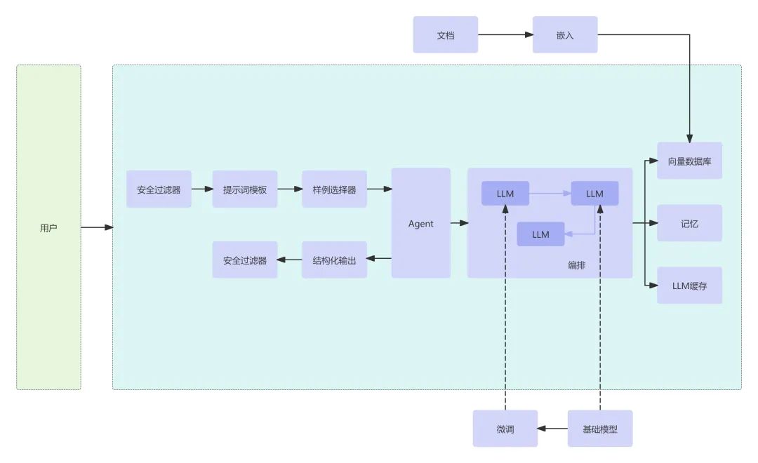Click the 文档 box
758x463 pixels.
[x=445, y=35]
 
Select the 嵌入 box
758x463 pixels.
[x=564, y=35]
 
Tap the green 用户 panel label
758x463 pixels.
[x=48, y=228]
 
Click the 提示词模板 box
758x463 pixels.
[x=245, y=189]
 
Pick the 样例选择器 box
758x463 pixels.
[x=334, y=189]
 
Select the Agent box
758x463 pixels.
[x=420, y=223]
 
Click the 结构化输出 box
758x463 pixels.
[x=334, y=260]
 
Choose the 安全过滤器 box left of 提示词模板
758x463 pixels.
[x=159, y=189]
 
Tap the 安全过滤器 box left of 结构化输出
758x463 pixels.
[x=245, y=260]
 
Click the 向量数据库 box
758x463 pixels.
[x=689, y=161]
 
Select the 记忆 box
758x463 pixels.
[x=689, y=224]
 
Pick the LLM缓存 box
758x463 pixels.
[x=689, y=286]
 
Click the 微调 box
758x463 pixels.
[x=505, y=429]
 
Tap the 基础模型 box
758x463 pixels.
[x=599, y=429]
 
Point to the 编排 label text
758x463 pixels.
[x=577, y=265]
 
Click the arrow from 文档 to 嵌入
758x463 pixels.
[x=505, y=34]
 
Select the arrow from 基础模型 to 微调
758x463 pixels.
[x=553, y=428]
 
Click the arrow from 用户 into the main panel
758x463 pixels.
[x=97, y=227]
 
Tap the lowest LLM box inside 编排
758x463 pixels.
[x=540, y=234]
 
